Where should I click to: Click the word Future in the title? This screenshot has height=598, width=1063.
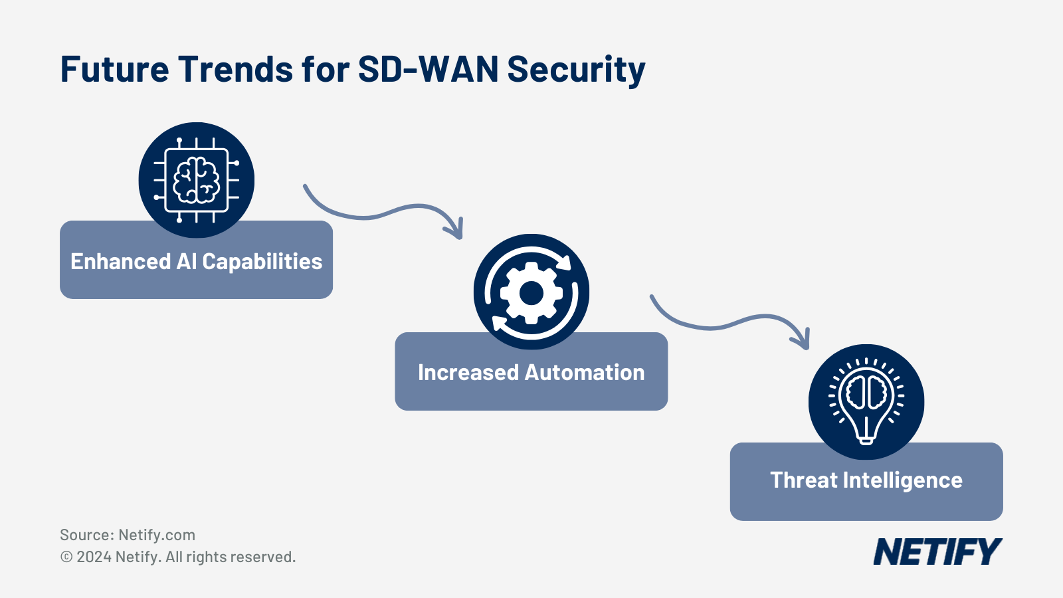tap(114, 69)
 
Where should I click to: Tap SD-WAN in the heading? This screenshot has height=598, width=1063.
tap(428, 69)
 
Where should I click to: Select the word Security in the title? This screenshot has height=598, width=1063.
tap(576, 70)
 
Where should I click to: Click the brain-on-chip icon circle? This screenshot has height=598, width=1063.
tap(197, 179)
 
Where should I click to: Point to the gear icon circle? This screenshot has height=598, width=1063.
tap(531, 292)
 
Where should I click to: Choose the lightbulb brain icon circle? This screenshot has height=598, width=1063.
tap(866, 401)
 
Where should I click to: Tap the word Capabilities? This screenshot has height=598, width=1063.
tap(262, 262)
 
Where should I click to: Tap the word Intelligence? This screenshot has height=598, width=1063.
tap(902, 481)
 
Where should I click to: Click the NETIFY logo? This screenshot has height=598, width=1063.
tap(937, 552)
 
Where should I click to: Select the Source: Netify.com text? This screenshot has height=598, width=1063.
tap(128, 535)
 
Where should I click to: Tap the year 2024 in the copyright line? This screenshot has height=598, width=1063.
tap(94, 557)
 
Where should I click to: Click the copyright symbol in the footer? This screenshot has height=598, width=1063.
tap(66, 557)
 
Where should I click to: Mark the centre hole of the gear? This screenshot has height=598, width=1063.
tap(531, 293)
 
